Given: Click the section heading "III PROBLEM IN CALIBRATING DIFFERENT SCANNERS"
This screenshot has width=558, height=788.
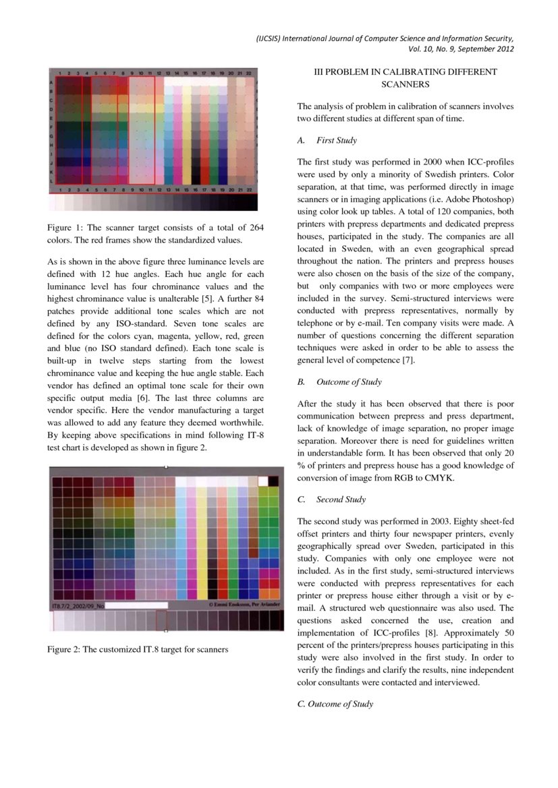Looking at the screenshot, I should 406,78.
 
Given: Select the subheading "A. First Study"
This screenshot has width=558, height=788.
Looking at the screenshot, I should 327,140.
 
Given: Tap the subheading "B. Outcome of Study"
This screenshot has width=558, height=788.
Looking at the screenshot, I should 339,382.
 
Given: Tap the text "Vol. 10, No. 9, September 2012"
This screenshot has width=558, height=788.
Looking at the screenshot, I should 461,49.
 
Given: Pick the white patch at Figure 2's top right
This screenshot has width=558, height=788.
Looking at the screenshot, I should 273,481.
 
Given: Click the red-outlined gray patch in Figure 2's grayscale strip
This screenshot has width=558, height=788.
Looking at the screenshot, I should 161,620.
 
